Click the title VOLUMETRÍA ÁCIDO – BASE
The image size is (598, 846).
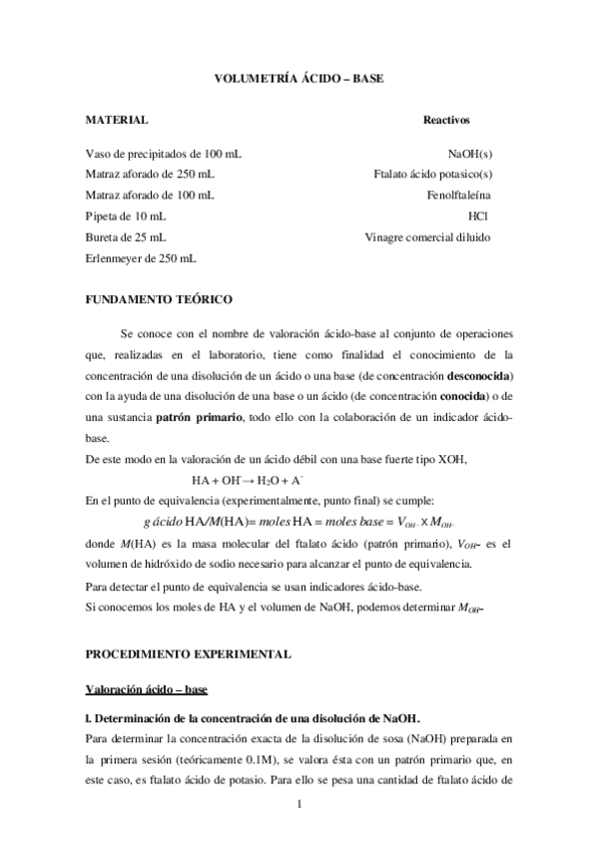tap(299, 77)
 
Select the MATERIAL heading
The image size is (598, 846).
tap(118, 120)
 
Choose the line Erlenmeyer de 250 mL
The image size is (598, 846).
tap(141, 258)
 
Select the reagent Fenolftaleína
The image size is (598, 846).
tap(458, 195)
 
